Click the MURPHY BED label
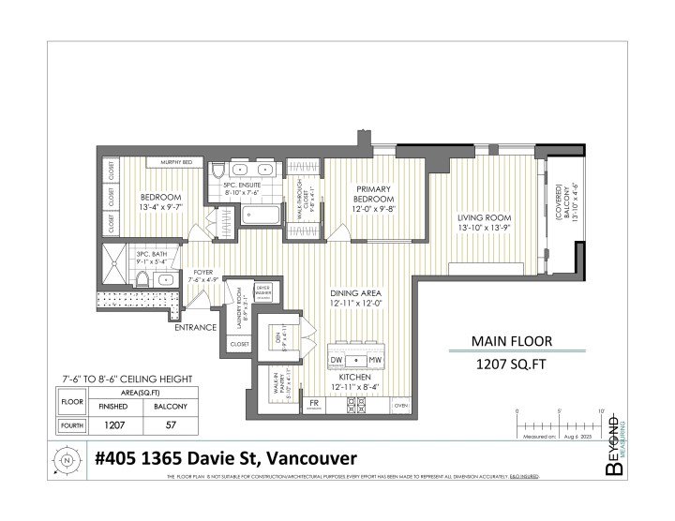(176, 162)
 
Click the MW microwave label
(375, 360)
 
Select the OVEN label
(401, 406)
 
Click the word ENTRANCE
(195, 327)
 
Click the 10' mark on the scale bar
(600, 412)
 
